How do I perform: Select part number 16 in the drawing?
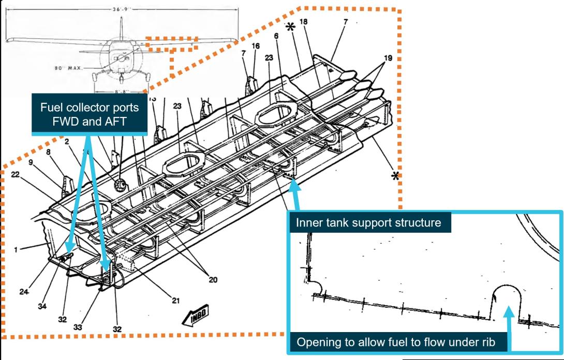pyautogui.click(x=256, y=46)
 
